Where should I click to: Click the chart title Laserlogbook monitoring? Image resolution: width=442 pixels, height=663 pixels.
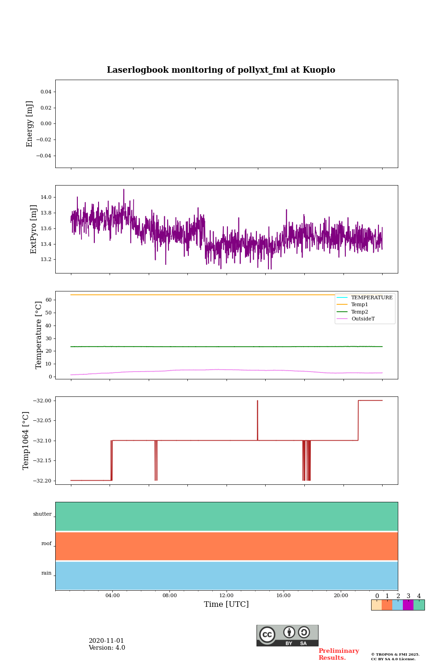(221, 70)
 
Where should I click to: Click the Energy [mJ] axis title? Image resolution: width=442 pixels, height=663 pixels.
(30, 124)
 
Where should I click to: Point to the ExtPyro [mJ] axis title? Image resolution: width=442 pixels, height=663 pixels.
(34, 229)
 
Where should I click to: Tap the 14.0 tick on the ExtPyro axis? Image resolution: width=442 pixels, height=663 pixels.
(46, 197)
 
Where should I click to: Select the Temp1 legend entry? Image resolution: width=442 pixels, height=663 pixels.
(360, 305)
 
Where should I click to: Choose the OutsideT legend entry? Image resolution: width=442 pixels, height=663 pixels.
(363, 319)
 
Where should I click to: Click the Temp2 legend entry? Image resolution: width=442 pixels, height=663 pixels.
(360, 312)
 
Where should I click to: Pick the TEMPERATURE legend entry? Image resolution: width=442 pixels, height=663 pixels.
(372, 298)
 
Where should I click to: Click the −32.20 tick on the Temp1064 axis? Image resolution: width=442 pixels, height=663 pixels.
(42, 481)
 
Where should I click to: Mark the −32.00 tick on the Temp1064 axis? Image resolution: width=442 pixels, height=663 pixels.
(42, 401)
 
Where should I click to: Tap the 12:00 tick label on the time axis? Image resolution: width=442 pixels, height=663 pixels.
(227, 596)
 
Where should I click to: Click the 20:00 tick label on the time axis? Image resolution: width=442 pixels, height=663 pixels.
(341, 596)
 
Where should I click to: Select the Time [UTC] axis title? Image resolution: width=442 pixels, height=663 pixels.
(227, 605)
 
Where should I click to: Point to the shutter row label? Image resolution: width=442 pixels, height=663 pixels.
(42, 514)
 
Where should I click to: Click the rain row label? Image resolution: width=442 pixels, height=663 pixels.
(47, 573)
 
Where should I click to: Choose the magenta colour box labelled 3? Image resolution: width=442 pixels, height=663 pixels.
(408, 605)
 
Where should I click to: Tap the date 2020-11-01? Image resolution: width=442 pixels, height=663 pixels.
(106, 641)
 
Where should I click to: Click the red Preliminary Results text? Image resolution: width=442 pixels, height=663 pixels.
(338, 654)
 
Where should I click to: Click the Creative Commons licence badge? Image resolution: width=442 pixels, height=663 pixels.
(287, 635)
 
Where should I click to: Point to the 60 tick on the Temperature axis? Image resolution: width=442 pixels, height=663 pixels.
(48, 300)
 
